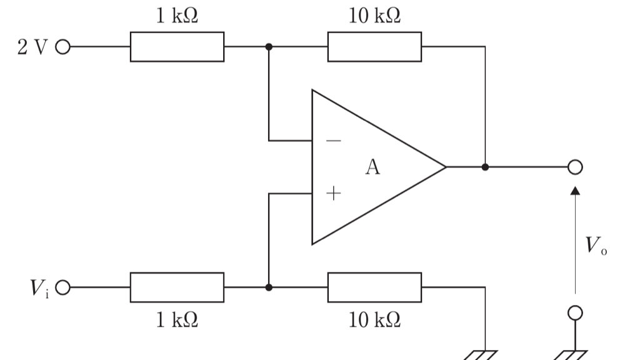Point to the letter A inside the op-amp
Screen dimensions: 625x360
pos(372,167)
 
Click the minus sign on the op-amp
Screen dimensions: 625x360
pos(334,141)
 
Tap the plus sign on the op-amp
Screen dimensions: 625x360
pos(334,193)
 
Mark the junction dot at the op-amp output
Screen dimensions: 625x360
pos(485,167)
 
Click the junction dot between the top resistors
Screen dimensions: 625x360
pos(269,47)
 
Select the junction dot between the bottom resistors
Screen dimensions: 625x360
pos(269,287)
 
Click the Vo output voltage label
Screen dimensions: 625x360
pos(596,246)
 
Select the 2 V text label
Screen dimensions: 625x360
pos(32,47)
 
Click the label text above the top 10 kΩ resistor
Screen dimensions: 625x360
pos(374,16)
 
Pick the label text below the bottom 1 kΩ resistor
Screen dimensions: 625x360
pos(177,319)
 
